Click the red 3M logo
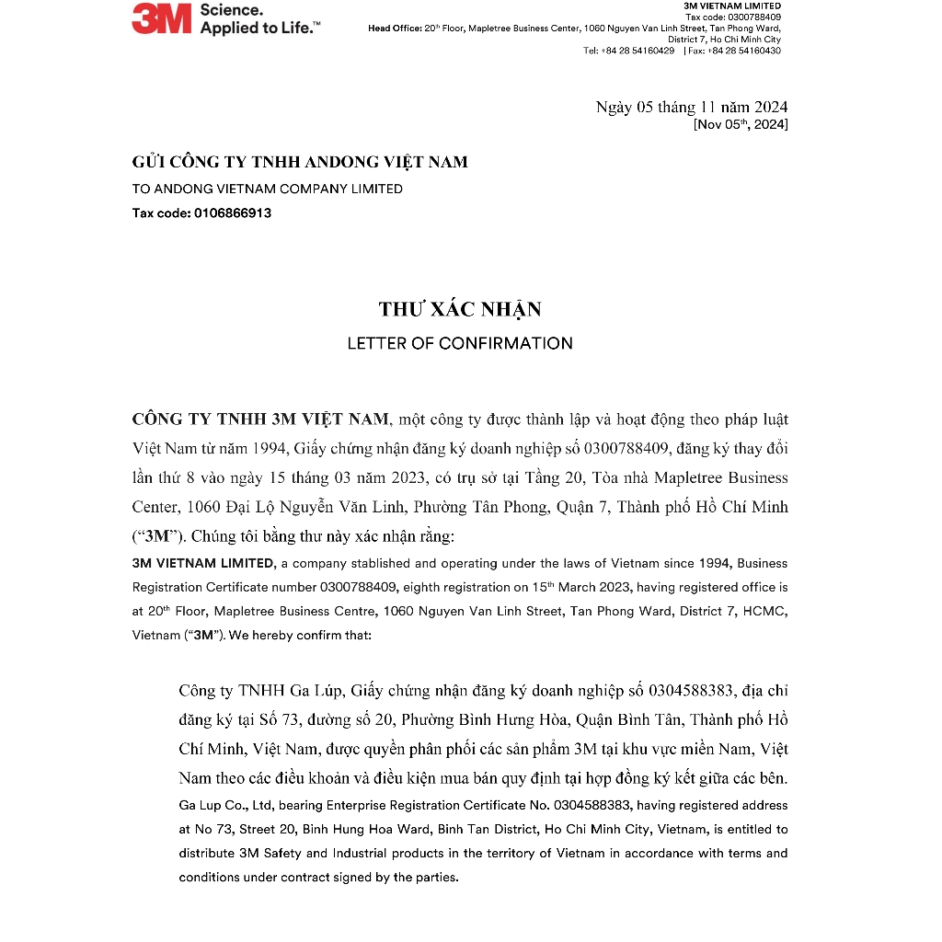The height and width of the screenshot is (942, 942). pos(161,18)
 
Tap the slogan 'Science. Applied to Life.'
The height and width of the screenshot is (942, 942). pos(260,19)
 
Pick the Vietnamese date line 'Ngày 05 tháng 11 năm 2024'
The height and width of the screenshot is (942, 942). pos(691,108)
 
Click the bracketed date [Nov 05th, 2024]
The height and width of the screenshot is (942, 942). pos(741,124)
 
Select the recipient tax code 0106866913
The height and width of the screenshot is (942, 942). pos(233,213)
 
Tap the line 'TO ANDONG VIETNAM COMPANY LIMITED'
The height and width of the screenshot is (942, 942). pos(268,189)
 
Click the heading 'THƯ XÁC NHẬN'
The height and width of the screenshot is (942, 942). pos(460,309)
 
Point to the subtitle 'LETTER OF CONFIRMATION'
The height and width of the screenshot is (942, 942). pos(460,343)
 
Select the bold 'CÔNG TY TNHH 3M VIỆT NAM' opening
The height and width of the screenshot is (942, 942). pos(261,419)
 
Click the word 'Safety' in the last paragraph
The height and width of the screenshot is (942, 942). pos(281,853)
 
